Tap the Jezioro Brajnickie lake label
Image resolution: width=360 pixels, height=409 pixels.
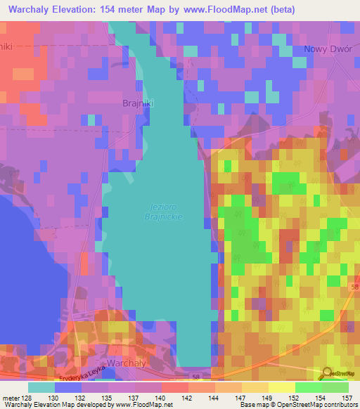[166, 212]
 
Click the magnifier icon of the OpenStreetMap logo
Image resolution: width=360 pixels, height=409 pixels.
[327, 374]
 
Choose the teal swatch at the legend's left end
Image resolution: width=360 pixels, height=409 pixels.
[41, 387]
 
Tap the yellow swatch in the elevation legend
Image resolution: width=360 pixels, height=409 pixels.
[254, 387]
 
